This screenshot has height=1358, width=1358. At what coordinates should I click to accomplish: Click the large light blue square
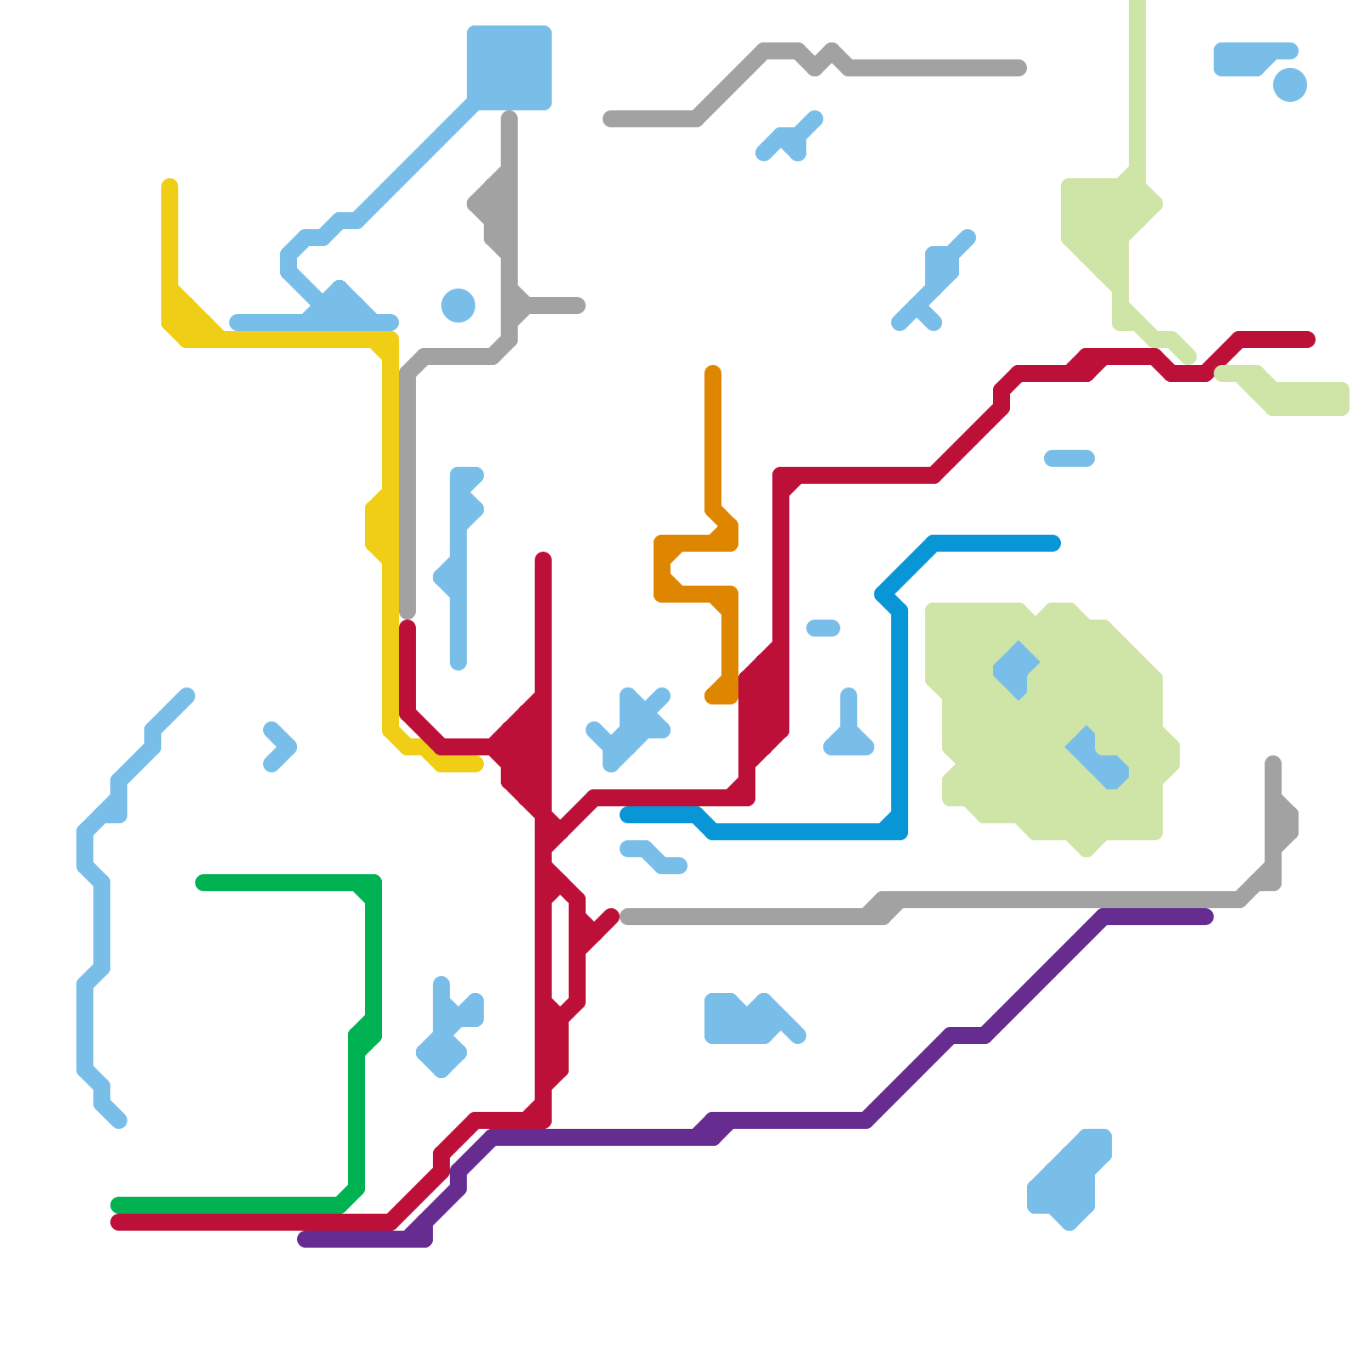[509, 68]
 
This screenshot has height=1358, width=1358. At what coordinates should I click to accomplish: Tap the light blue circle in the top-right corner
[1289, 85]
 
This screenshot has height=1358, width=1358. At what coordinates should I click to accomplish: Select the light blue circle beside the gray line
[458, 306]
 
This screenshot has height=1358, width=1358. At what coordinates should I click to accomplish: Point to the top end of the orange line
[713, 372]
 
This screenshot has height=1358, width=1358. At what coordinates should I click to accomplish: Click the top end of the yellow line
[170, 185]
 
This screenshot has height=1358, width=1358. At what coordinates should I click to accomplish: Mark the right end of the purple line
[1207, 917]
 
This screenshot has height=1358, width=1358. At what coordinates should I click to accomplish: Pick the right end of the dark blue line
[1054, 543]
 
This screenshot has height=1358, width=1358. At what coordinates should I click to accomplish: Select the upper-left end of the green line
[202, 883]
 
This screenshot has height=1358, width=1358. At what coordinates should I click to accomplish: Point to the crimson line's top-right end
[1309, 339]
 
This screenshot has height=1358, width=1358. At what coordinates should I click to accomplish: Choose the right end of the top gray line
[1020, 68]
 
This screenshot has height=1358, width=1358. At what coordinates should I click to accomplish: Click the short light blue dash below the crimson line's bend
[1069, 458]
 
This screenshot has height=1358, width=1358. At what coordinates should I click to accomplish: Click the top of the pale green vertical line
[1137, 5]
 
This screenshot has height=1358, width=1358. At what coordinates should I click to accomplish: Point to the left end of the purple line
[304, 1239]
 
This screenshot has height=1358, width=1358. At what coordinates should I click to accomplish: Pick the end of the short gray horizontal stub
[579, 306]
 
